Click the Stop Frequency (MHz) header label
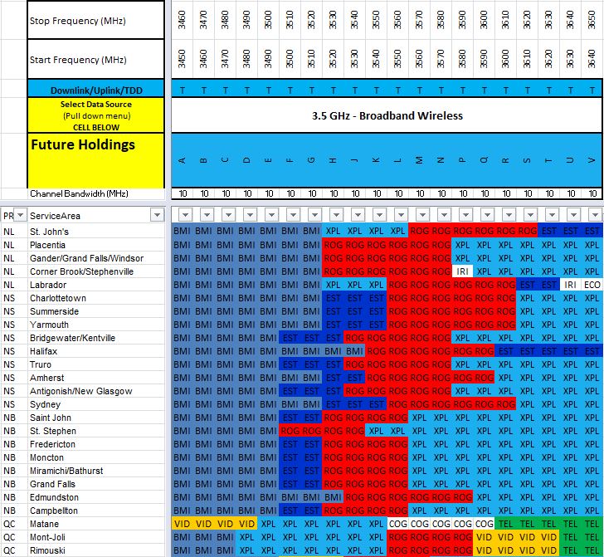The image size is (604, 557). point(77,21)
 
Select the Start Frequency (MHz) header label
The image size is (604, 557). point(77,60)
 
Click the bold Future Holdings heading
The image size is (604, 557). point(83,144)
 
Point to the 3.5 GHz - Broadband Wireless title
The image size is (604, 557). point(387,115)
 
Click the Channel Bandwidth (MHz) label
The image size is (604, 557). point(80,193)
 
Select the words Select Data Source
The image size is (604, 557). point(95,105)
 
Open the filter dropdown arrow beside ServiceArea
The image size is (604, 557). point(156,215)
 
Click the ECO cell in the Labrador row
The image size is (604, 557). point(592,285)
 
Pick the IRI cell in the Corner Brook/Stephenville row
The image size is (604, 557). point(462,271)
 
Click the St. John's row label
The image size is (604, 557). point(50,232)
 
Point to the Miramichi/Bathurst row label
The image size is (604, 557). point(66,471)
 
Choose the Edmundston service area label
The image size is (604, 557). point(56,497)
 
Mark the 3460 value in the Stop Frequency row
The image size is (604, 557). point(182,20)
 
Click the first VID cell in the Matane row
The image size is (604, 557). point(182,524)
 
